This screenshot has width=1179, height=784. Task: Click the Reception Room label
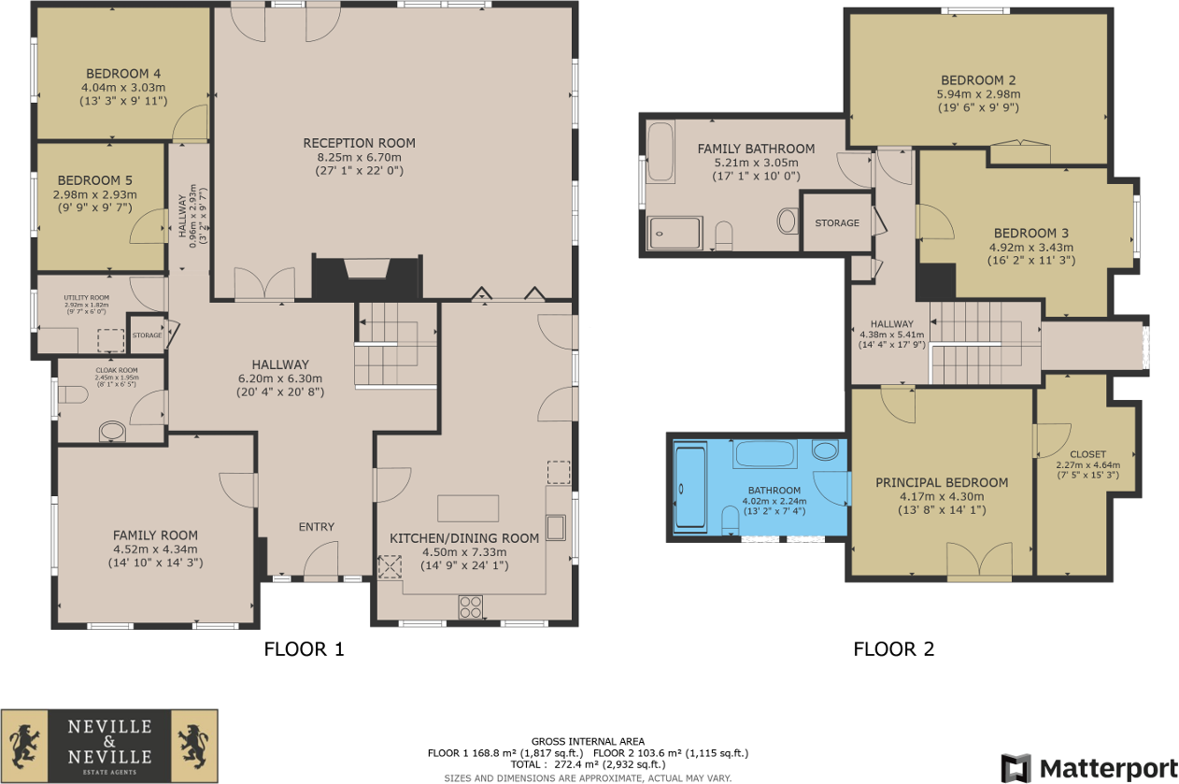tap(359, 143)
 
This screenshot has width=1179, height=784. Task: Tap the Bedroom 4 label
tap(123, 74)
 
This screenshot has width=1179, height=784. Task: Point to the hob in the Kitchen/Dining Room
tap(471, 607)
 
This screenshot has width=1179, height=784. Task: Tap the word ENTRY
tap(316, 527)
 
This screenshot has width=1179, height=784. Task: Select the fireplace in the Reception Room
tap(365, 270)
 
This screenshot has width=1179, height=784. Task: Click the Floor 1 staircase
tap(396, 343)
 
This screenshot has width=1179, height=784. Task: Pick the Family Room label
tap(155, 535)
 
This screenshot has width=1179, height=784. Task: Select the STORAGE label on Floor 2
tap(836, 223)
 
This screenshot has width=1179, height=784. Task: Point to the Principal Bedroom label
tap(942, 482)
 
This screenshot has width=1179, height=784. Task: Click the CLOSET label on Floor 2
tap(1087, 454)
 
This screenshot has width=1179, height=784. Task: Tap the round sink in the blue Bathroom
tap(826, 452)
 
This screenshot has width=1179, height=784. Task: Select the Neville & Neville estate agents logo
tap(109, 745)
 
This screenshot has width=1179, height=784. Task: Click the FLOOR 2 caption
tap(893, 649)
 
